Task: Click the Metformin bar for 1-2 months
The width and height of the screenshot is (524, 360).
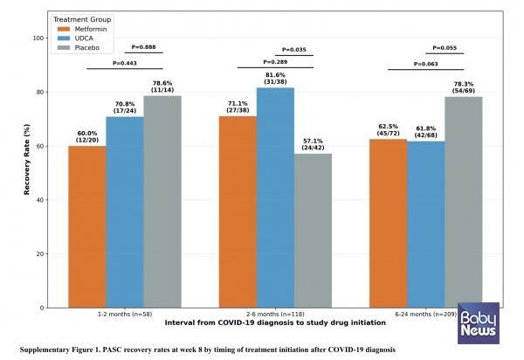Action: pos(86,226)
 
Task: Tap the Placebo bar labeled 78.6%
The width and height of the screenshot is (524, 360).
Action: pos(162,201)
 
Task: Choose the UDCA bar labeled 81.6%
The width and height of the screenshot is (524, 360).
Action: pos(275,197)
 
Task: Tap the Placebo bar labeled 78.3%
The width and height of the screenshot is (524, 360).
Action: pos(463,202)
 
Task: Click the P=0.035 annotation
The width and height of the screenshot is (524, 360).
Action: pos(294,51)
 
